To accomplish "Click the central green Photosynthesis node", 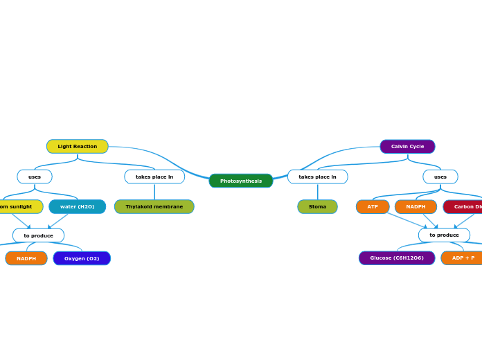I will coord(241,181).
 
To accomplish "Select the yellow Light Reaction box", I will coord(78,146).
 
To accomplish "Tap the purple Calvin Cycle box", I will coord(407,146).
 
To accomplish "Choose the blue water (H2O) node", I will coord(78,206).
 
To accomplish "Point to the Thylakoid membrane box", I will coord(154,206).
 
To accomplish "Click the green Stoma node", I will coord(317,206).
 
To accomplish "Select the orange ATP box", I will coord(373,206).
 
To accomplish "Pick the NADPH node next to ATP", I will coord(416,206).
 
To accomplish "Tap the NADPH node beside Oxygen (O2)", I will coord(26,258).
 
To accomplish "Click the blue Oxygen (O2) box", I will coord(82,258).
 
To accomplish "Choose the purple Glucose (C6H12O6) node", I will coord(397,258).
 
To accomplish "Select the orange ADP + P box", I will coord(462,258).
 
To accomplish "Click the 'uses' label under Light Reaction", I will coord(35,177).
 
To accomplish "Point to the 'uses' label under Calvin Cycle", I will coord(440,177).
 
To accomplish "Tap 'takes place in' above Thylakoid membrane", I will coord(154,177).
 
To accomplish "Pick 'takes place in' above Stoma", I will coord(317,177).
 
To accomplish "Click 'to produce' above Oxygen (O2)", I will coord(38,235).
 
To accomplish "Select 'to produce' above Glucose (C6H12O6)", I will coord(444,235).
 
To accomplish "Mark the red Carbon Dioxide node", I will coord(463,206).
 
